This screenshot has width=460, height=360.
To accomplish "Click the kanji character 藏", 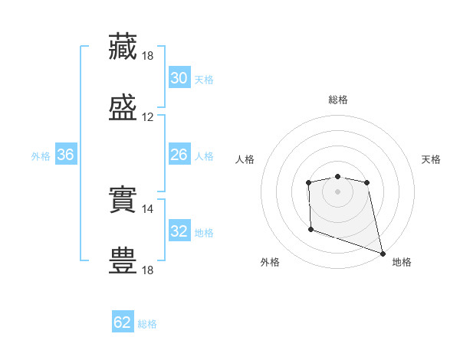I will tap(123, 46).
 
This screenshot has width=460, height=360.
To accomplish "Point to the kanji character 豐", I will tap(123, 260).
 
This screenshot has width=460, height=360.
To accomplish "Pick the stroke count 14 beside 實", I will tap(148, 208).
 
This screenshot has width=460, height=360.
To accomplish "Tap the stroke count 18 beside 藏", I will tap(148, 56).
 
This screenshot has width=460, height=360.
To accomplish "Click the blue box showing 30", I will tap(179, 78).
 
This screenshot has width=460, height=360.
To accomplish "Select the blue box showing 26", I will tap(179, 155).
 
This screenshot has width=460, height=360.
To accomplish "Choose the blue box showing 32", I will tap(179, 231).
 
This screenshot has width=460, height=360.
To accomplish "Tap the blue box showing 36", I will tap(66, 155).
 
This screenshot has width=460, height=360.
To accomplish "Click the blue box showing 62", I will tap(123, 322).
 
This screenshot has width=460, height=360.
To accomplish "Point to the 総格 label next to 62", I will tap(147, 324).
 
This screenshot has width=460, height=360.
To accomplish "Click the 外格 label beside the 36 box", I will tap(41, 156).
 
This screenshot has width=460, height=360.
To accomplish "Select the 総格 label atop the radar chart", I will tap(338, 100).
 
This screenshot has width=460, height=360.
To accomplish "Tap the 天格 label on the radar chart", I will tap(431, 159).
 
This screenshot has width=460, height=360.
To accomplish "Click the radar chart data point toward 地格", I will tap(383, 253).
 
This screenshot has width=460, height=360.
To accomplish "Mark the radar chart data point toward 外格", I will tap(310, 229).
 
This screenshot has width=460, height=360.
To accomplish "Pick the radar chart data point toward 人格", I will tap(308, 182).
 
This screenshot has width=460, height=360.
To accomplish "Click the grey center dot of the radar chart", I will tap(338, 191).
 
